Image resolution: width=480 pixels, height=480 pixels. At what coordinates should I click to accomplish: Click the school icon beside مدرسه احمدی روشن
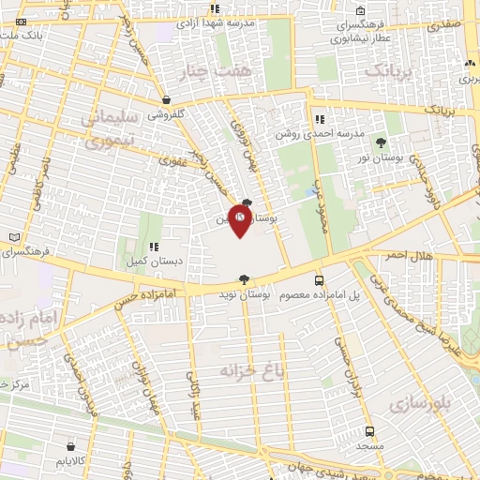click(320, 119)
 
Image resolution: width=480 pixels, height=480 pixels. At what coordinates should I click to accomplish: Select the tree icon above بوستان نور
click(381, 143)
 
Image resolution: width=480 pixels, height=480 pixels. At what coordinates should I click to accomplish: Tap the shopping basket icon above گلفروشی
click(166, 99)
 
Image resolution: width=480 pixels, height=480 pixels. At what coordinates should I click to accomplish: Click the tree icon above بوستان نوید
click(245, 279)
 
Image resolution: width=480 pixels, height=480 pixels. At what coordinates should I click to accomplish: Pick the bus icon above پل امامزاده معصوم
click(320, 279)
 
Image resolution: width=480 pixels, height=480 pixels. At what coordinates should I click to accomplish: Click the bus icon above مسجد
click(369, 432)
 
